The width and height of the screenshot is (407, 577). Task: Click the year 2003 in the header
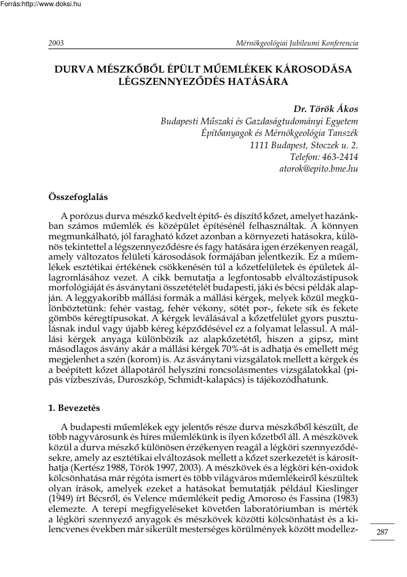pos(56,44)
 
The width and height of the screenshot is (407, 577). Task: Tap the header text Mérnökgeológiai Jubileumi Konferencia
pos(293,44)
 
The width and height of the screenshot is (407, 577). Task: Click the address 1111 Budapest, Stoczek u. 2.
pos(305,145)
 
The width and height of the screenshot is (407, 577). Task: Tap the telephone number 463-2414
pos(340,156)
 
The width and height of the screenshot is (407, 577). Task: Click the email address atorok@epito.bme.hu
pos(318,167)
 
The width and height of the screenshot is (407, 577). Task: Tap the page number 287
pos(383,531)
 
